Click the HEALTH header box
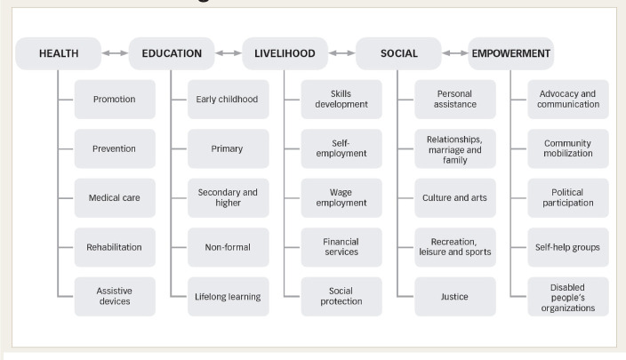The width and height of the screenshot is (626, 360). pyautogui.click(x=59, y=54)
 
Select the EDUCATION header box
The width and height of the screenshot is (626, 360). pyautogui.click(x=172, y=54)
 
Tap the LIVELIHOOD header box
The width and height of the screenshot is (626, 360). pyautogui.click(x=285, y=54)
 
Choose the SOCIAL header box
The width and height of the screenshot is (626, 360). pyautogui.click(x=398, y=54)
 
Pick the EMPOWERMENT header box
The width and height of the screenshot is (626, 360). pyautogui.click(x=510, y=54)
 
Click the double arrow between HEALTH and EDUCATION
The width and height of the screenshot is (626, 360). pyautogui.click(x=115, y=54)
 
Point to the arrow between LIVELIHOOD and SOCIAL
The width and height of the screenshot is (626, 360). pyautogui.click(x=341, y=54)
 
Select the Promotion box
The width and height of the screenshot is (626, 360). pyautogui.click(x=114, y=99)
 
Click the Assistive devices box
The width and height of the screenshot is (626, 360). pyautogui.click(x=114, y=296)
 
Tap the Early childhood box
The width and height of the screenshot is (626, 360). pyautogui.click(x=228, y=99)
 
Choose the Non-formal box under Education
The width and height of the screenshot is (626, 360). pyautogui.click(x=228, y=247)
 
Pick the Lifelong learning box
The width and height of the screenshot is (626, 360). pyautogui.click(x=228, y=296)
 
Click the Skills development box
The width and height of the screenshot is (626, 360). pyautogui.click(x=341, y=99)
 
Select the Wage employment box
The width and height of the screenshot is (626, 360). pyautogui.click(x=341, y=197)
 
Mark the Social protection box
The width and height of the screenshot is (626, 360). pyautogui.click(x=341, y=296)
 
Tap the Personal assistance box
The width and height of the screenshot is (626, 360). pyautogui.click(x=455, y=99)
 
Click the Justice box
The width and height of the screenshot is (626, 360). pyautogui.click(x=455, y=296)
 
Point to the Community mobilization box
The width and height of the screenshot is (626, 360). pyautogui.click(x=568, y=148)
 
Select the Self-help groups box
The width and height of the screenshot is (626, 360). pyautogui.click(x=568, y=247)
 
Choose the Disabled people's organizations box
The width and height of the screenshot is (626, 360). pyautogui.click(x=568, y=296)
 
